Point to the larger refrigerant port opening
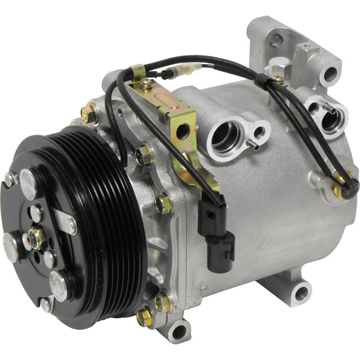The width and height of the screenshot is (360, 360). (x=225, y=135)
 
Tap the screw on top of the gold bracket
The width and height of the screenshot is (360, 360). (x=146, y=84)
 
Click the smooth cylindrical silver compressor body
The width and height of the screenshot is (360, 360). (x=270, y=203)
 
